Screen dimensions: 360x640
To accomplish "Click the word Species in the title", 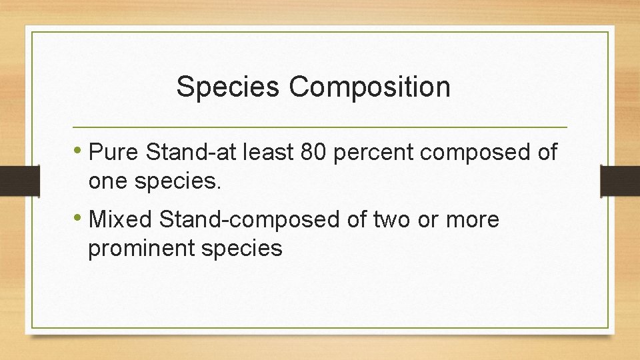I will [227, 87].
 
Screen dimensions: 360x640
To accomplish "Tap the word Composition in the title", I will [369, 87].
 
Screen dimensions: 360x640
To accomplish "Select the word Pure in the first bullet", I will [113, 153].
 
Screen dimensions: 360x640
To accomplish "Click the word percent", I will [373, 154].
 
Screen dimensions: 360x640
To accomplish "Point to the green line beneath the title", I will [320, 127].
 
